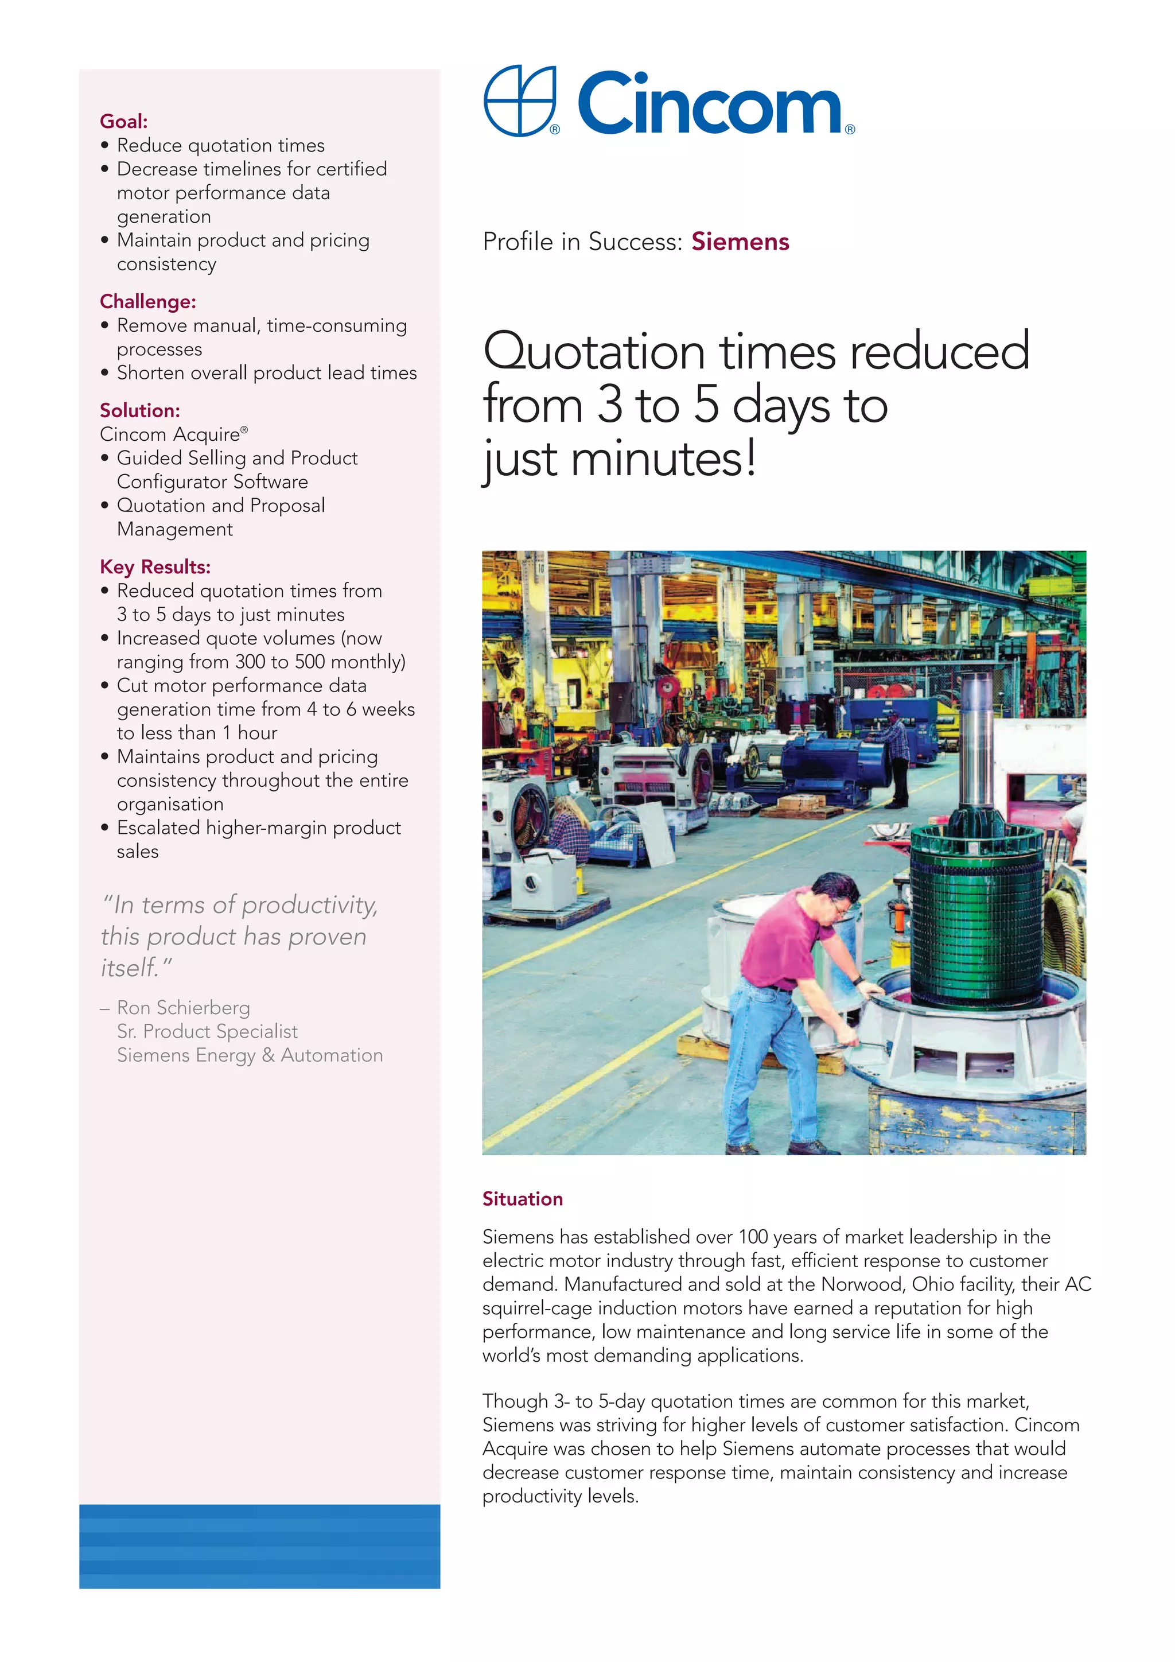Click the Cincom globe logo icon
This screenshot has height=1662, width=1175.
point(519,100)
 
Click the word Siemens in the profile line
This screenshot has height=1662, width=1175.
point(740,242)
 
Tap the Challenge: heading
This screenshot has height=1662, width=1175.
point(147,302)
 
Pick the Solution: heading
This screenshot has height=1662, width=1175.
point(139,410)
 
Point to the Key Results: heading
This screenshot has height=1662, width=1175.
point(155,567)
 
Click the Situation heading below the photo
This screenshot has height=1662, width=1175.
point(523,1199)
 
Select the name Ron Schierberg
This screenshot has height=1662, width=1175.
point(183,1008)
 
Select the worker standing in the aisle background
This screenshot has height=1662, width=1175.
point(898,760)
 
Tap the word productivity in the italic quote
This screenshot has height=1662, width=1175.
point(310,905)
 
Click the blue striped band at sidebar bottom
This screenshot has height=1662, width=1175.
point(259,1546)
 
